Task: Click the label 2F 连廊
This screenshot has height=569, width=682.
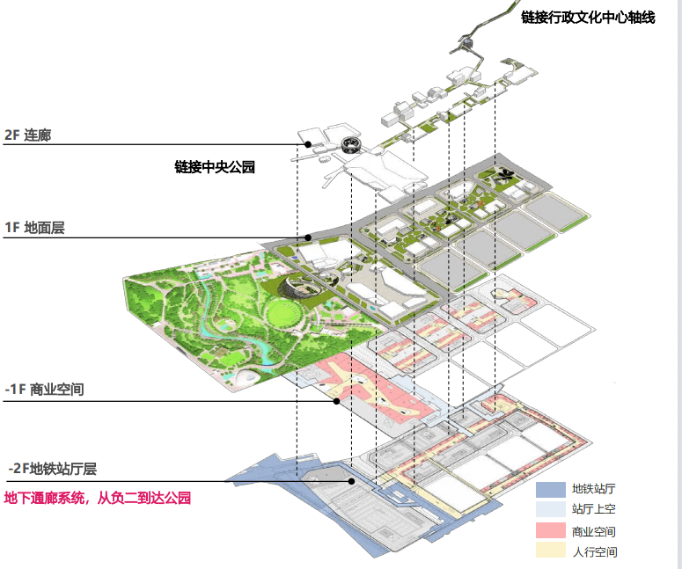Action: click(x=27, y=135)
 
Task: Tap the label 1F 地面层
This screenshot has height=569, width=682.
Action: click(x=34, y=228)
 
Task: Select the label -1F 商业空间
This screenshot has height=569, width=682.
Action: click(x=44, y=389)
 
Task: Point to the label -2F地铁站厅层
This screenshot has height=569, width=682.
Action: click(x=53, y=469)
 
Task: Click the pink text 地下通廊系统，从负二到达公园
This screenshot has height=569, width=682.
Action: click(x=98, y=498)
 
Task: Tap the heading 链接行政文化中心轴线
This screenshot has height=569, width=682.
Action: click(x=588, y=18)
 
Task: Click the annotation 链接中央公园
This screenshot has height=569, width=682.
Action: click(x=215, y=167)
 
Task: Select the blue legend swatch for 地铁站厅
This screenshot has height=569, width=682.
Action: click(x=551, y=490)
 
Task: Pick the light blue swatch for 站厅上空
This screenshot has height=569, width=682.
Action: click(x=551, y=509)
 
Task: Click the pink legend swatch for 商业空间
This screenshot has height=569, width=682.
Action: click(x=551, y=531)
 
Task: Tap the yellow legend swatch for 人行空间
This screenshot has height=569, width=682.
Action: click(x=551, y=551)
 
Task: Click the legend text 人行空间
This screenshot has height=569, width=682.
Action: click(x=595, y=551)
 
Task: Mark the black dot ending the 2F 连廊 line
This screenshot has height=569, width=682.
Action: click(x=308, y=144)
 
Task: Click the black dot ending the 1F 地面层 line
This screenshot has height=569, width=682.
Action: click(x=308, y=237)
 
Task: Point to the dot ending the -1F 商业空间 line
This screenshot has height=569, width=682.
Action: click(x=336, y=401)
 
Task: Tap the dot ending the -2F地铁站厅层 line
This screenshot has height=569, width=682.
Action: click(x=351, y=481)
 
